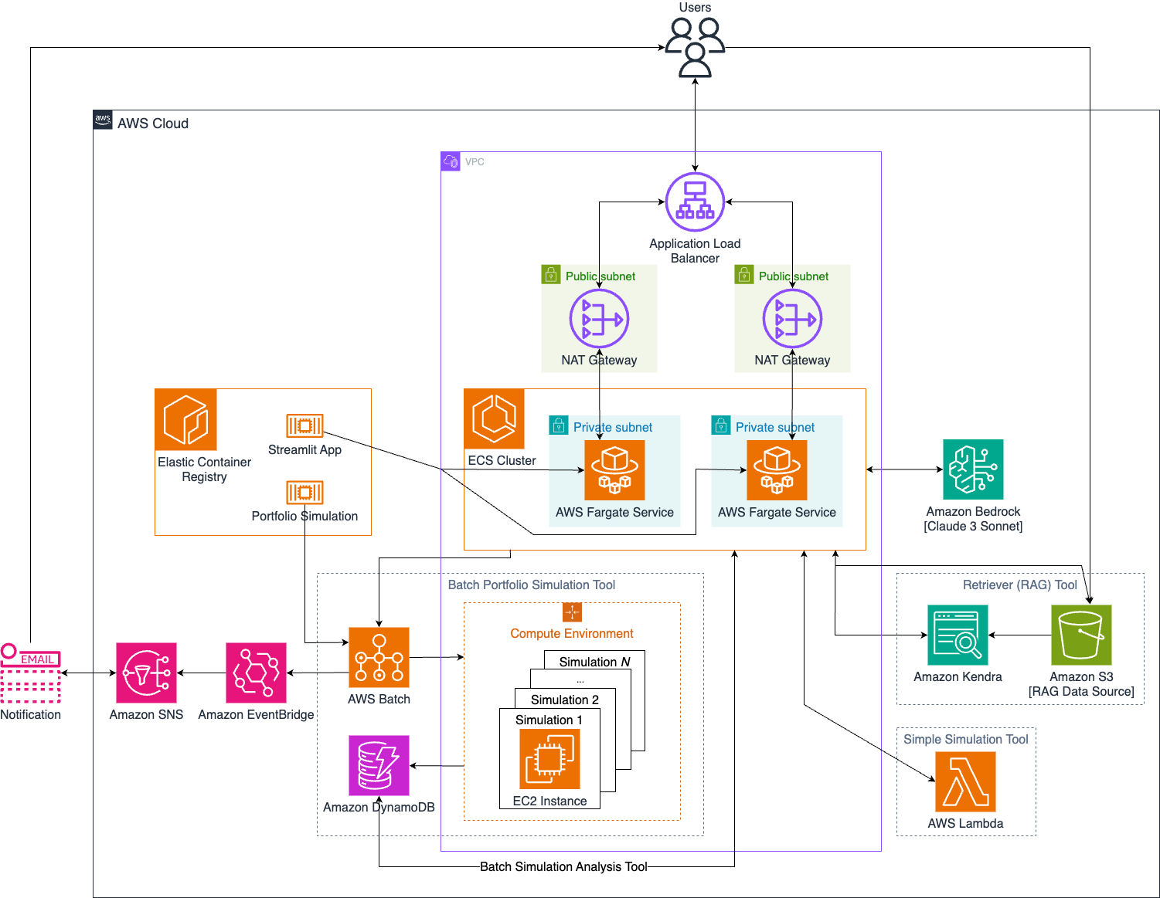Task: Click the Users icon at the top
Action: [x=695, y=48]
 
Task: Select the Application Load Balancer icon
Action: [x=695, y=202]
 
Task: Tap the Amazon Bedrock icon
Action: [x=973, y=469]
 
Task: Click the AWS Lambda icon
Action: [x=965, y=781]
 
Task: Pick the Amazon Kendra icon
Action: [x=958, y=635]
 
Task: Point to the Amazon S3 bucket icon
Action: [x=1081, y=635]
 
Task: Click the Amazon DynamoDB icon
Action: [x=379, y=765]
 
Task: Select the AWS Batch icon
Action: [x=379, y=657]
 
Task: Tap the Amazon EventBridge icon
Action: [x=256, y=673]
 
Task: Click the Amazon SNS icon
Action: [x=146, y=673]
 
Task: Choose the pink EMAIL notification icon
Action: [x=30, y=673]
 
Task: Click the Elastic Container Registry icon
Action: [x=185, y=419]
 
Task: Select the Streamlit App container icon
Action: [x=304, y=425]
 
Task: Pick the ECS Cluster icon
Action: [x=494, y=419]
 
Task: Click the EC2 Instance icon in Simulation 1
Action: [x=549, y=759]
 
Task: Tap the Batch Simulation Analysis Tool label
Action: [x=563, y=866]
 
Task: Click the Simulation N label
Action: [x=594, y=662]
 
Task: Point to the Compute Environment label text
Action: [x=572, y=633]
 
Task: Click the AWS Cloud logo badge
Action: [x=103, y=120]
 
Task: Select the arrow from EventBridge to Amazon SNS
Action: [x=201, y=673]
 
